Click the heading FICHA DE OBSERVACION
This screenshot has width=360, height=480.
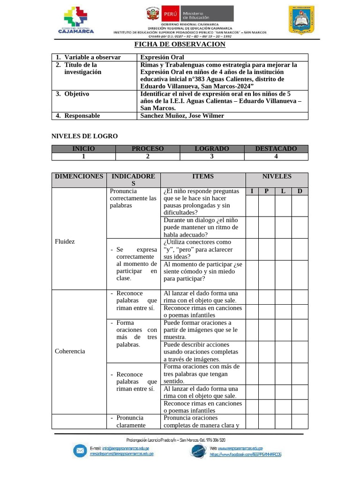[180, 44]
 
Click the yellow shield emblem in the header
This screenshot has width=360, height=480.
[301, 20]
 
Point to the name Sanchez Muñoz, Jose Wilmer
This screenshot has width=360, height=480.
[182, 116]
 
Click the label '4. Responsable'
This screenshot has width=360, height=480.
[78, 116]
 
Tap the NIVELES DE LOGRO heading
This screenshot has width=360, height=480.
[84, 136]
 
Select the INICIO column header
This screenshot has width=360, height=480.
[83, 149]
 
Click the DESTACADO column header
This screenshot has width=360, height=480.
[276, 149]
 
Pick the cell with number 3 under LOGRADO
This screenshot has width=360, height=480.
[212, 157]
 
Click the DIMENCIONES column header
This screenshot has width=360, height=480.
[79, 176]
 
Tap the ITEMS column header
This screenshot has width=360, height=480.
[202, 176]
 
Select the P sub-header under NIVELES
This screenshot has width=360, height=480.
[267, 191]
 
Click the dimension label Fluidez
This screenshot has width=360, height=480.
[65, 241]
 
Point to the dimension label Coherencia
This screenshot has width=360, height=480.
[70, 351]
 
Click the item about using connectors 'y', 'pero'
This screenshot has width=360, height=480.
[197, 249]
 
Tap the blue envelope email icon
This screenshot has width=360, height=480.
[80, 451]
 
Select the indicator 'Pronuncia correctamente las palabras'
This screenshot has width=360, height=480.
[133, 198]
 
